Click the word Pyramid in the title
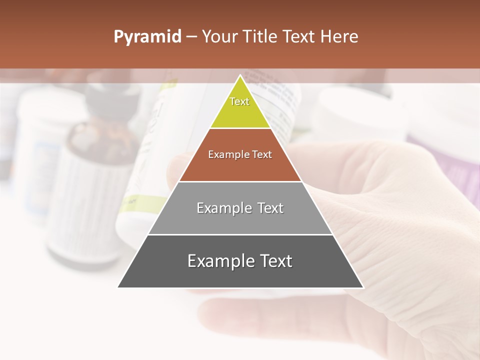pos(147,37)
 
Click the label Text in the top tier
pos(239,101)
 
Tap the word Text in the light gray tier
pos(270,208)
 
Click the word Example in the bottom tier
pos(219,261)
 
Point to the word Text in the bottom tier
pos(275,261)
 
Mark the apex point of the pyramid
pos(240,76)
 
